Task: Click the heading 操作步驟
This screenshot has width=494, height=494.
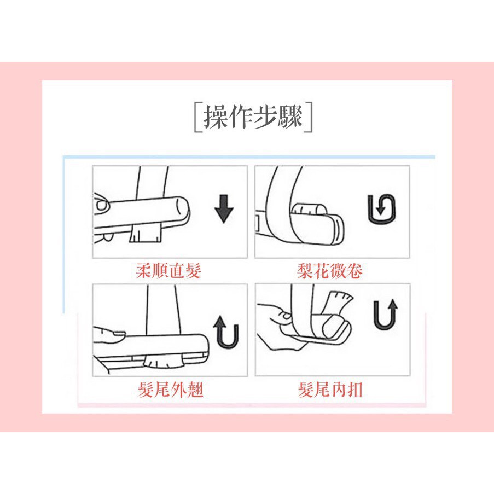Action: pos(253,117)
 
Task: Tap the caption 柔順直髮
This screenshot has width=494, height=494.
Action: pos(168,271)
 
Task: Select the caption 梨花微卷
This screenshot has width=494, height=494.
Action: pos(329,271)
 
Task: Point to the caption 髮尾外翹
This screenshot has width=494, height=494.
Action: pos(171,390)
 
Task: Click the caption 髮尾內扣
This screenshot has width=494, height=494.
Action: pos(330,390)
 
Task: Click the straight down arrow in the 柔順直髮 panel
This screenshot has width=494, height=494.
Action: pos(224,209)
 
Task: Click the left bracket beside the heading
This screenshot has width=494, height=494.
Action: pos(196,117)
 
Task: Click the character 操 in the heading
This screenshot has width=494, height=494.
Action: pos(215,117)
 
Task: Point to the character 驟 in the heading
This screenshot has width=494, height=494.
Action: pos(290,117)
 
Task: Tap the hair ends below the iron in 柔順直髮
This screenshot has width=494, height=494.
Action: pos(146,233)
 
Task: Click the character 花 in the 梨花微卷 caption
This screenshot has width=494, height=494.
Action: pos(321,271)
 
